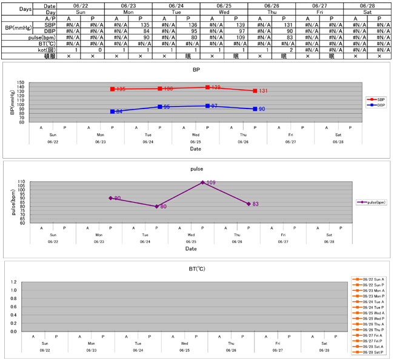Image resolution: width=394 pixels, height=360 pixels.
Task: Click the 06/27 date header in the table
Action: tap(319, 5)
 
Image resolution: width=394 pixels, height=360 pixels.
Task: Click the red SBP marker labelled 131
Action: tap(255, 91)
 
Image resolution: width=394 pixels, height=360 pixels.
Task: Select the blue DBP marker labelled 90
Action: tap(255, 109)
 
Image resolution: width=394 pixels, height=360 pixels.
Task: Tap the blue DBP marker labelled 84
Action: tap(112, 112)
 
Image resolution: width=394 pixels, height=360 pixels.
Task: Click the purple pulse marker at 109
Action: tap(202, 182)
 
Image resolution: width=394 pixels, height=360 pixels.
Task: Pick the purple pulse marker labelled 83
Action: tap(249, 204)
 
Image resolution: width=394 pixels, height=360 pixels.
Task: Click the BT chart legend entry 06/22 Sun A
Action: tap(369, 280)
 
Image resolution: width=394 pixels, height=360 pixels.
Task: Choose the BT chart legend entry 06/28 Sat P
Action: tap(369, 352)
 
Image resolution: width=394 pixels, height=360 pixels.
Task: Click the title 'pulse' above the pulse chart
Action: tap(196, 170)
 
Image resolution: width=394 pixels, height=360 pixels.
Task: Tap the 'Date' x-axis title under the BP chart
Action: tap(195, 148)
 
